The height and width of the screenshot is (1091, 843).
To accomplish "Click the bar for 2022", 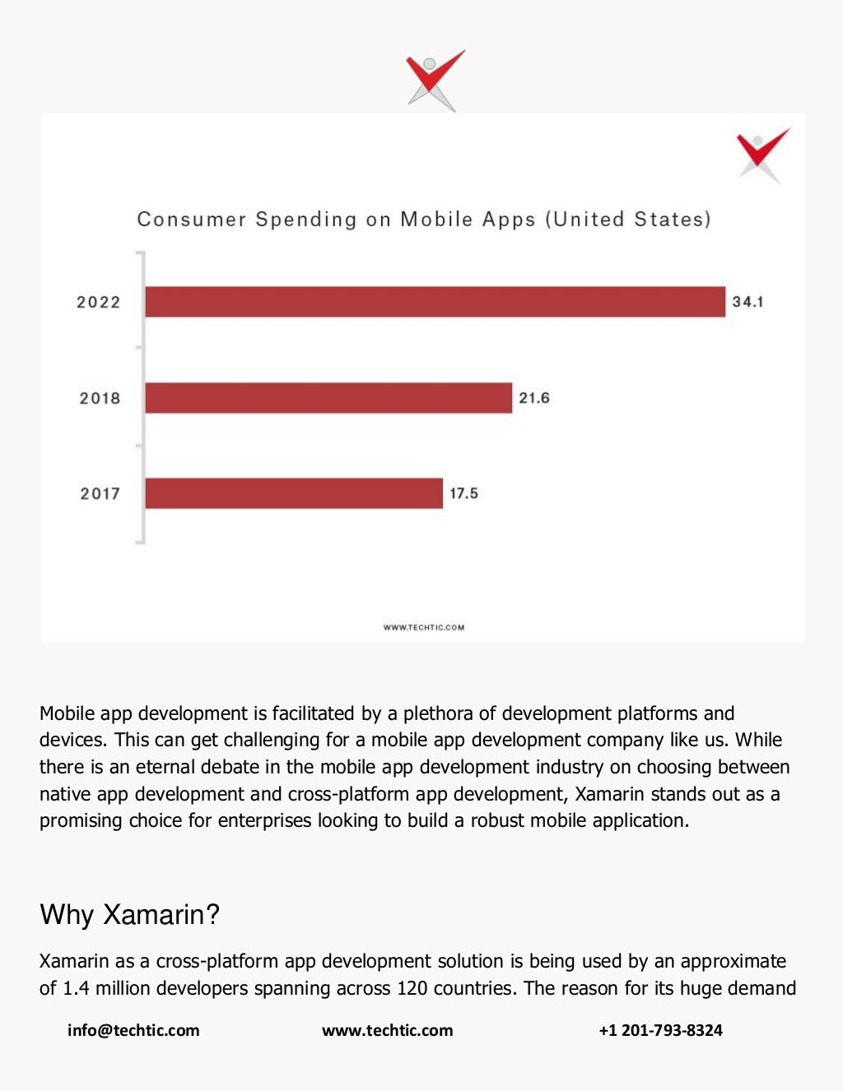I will (x=435, y=302).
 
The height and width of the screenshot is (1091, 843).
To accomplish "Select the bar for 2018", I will (x=328, y=398).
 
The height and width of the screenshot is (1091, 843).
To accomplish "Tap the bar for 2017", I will (x=294, y=494).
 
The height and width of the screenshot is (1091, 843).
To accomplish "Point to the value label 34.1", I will (x=748, y=302).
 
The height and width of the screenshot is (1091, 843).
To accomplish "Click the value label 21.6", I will (x=534, y=398).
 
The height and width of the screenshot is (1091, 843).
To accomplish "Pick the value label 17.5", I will (x=463, y=494).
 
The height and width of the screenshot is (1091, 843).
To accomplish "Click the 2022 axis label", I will (x=99, y=303).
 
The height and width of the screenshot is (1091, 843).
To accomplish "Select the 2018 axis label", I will (x=100, y=399).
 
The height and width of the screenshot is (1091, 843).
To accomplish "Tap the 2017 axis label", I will (x=100, y=494).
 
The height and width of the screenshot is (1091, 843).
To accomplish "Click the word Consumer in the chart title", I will (x=192, y=220).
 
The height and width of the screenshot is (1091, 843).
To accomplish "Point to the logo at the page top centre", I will (x=434, y=80).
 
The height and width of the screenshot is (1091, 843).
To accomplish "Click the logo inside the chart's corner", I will (x=762, y=155).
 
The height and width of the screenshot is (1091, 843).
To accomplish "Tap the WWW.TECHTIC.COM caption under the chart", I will (x=424, y=628).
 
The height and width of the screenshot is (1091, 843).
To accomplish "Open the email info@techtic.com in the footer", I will (x=133, y=1031).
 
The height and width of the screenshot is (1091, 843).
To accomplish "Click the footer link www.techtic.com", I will (x=387, y=1031).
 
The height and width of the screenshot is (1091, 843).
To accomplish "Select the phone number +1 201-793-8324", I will (x=660, y=1031).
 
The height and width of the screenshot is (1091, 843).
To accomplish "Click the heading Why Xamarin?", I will (x=129, y=915).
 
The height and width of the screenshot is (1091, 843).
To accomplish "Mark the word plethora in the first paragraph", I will (x=437, y=713).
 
